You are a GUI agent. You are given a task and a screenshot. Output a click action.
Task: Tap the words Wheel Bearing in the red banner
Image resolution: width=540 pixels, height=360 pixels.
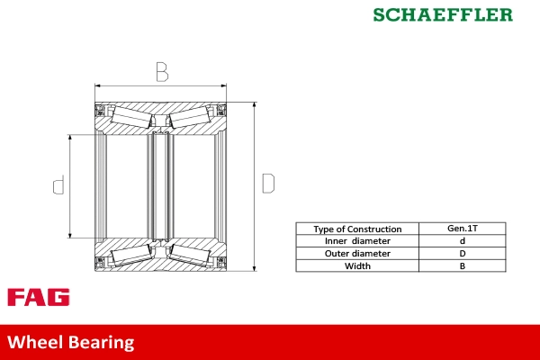pyautogui.click(x=71, y=343)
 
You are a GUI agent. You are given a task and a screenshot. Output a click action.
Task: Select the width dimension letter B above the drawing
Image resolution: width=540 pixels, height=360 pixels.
pyautogui.click(x=161, y=70)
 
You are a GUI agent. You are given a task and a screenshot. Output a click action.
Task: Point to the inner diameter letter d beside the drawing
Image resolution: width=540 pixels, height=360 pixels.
pyautogui.click(x=58, y=185)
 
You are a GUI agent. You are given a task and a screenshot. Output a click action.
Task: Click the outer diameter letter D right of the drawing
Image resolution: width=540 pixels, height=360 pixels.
pyautogui.click(x=267, y=183)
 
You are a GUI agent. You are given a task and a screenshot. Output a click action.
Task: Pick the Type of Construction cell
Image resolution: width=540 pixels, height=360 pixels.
pyautogui.click(x=357, y=229)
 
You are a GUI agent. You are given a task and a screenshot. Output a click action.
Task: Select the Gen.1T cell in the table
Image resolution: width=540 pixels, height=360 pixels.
pyautogui.click(x=462, y=229)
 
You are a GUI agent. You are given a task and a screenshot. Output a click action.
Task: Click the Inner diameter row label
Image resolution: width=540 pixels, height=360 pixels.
pyautogui.click(x=357, y=241)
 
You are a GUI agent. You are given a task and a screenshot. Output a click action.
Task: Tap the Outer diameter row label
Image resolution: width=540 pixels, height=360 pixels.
pyautogui.click(x=357, y=254)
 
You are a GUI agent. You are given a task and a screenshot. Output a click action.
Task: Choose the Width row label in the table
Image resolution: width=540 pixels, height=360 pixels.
pyautogui.click(x=357, y=265)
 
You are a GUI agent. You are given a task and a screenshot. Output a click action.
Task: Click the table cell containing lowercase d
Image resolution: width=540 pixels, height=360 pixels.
pyautogui.click(x=462, y=241)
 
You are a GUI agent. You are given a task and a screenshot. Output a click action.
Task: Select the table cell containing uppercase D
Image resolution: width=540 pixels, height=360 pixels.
pyautogui.click(x=462, y=254)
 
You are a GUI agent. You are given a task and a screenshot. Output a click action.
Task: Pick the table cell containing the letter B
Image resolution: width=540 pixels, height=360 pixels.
pyautogui.click(x=462, y=265)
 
